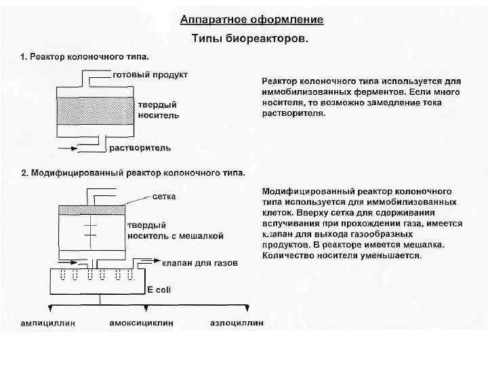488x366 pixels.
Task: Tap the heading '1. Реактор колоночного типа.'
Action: click(85, 56)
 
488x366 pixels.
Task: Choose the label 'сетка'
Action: click(165, 197)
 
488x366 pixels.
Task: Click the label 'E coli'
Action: click(160, 289)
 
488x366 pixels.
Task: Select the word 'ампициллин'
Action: click(48, 323)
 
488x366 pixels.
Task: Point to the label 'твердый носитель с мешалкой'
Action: click(175, 231)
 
